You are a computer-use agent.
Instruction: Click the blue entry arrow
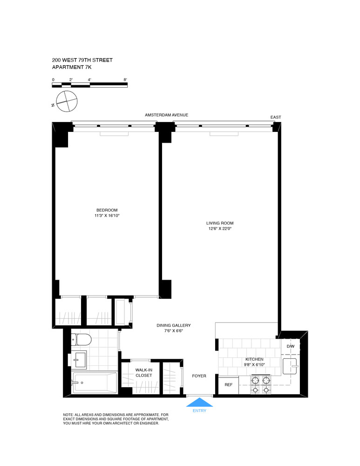(x=199, y=402)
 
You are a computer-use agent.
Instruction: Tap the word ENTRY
(x=199, y=411)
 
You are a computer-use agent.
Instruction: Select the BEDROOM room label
(x=107, y=210)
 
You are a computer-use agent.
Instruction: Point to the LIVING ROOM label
(x=220, y=223)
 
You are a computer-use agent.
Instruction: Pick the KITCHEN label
(x=254, y=359)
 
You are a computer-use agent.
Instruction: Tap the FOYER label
(x=199, y=376)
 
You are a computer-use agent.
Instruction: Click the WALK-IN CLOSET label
(x=144, y=372)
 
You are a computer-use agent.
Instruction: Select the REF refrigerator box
(x=229, y=385)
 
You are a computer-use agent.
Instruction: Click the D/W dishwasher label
(x=291, y=346)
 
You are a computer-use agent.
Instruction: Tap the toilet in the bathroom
(x=82, y=340)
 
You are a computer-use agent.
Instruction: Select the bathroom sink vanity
(x=80, y=359)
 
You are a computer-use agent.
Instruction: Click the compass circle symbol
(x=67, y=101)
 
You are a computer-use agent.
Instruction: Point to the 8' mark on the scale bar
(x=125, y=80)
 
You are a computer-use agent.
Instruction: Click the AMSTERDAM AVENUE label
(x=166, y=115)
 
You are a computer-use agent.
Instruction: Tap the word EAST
(x=276, y=117)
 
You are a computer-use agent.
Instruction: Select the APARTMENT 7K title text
(x=72, y=68)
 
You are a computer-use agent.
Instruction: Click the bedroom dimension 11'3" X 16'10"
(x=107, y=216)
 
